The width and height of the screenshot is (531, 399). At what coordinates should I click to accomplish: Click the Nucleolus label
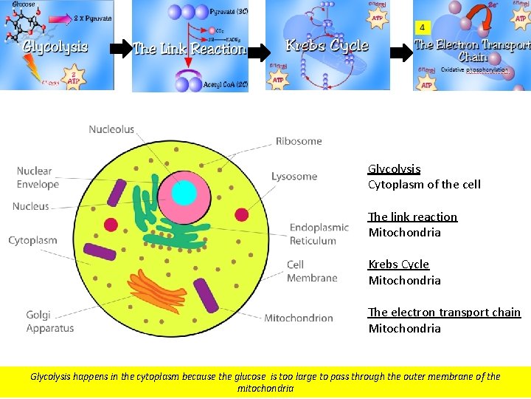coord(111,129)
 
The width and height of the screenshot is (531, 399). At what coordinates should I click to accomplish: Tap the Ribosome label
coord(299,140)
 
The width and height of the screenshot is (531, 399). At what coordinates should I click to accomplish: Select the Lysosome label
coord(294,177)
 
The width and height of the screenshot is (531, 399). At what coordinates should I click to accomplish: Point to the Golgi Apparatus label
coord(50,321)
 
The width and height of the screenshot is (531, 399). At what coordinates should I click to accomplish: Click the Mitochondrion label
coord(298,318)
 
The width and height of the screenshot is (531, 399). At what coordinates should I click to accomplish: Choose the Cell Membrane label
coord(312,271)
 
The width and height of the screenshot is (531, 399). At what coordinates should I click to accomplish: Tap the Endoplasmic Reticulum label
coord(319,234)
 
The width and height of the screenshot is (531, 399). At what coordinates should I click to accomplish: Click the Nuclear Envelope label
coord(38,178)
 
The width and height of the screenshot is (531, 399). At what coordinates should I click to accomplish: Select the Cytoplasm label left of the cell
coord(32,240)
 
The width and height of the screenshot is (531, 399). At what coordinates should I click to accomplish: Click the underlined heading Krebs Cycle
coord(398,265)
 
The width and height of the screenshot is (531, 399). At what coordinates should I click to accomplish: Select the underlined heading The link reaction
coord(413,216)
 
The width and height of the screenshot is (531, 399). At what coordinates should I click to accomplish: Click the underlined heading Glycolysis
coord(394,168)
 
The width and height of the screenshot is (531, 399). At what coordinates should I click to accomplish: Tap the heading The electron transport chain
coord(444,313)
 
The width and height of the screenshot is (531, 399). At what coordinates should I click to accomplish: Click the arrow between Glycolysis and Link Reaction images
coord(121,50)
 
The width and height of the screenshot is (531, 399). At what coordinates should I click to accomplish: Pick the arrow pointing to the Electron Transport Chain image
coord(402,53)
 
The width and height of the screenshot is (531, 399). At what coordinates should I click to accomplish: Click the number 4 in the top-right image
coord(422,27)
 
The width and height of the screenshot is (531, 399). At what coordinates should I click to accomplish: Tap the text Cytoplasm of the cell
coord(424,185)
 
